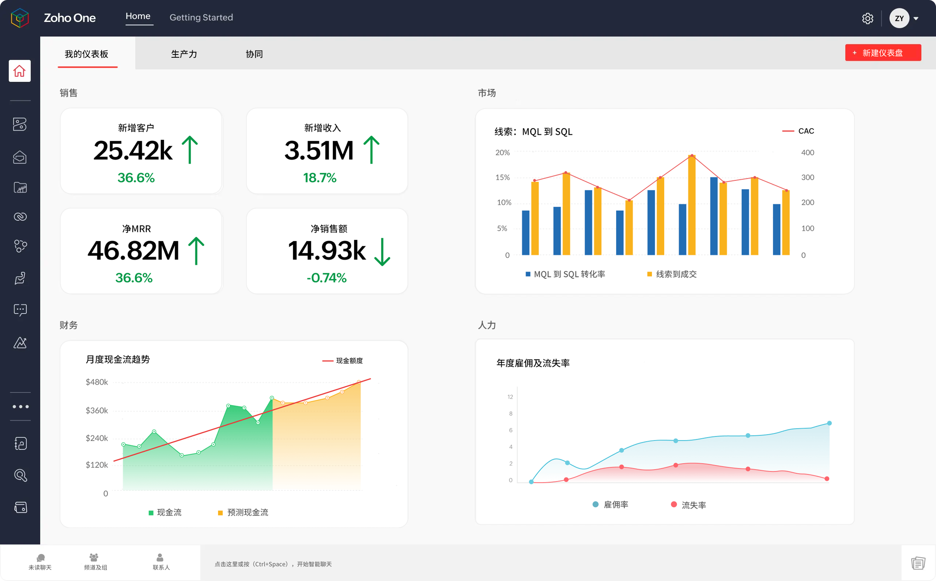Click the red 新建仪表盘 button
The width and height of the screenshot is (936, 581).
[883, 53]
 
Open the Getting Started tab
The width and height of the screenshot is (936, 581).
[201, 17]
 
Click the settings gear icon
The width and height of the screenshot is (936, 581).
[867, 18]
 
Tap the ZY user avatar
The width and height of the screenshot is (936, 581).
[899, 18]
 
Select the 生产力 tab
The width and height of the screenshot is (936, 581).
[184, 54]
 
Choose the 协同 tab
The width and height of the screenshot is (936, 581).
[254, 54]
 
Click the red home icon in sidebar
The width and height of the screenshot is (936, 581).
[20, 71]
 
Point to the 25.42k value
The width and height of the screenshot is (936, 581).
[133, 151]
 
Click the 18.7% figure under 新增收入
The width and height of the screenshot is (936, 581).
[320, 178]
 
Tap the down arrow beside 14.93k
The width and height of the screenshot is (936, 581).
[382, 252]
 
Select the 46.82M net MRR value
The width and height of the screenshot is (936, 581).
[133, 251]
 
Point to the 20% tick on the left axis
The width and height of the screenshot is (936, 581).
[502, 152]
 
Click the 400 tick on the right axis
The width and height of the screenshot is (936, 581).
[807, 152]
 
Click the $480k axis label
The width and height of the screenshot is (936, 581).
[97, 382]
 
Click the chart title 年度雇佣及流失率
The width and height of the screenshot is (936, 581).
[533, 363]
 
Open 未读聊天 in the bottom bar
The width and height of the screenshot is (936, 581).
[40, 561]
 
